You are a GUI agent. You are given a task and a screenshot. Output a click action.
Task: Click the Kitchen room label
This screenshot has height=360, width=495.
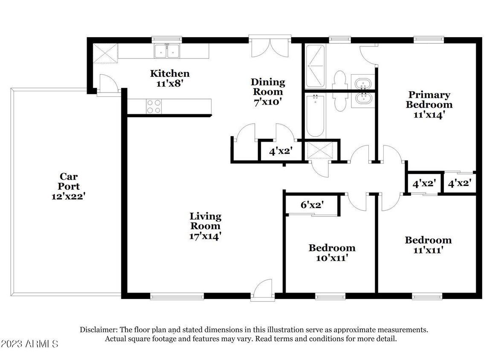point(170,74)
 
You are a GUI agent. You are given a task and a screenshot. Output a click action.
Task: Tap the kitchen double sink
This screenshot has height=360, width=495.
point(167,51)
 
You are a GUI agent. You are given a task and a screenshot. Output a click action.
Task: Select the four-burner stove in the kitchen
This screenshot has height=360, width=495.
point(154,106)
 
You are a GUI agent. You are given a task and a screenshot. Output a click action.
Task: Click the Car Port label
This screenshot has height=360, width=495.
point(69,181)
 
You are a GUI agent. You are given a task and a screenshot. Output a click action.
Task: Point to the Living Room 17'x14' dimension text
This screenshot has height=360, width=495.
point(205,236)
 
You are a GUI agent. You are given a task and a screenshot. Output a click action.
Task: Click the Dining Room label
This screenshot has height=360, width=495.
point(268,87)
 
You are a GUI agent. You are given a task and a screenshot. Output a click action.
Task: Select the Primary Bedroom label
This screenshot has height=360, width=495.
point(429,99)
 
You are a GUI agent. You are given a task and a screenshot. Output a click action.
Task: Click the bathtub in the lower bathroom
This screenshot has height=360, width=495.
point(316,116)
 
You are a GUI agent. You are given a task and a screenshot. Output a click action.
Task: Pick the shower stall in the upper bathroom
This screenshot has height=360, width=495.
point(316,66)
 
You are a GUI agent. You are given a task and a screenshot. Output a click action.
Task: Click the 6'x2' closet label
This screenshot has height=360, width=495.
point(312,205)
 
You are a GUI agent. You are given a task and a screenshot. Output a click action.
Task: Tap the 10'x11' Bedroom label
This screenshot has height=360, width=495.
point(332,253)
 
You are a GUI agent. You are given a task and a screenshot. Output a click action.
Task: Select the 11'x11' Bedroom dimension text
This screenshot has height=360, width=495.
point(428,250)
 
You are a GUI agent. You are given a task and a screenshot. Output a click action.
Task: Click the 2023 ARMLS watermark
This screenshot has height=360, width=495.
point(29,344)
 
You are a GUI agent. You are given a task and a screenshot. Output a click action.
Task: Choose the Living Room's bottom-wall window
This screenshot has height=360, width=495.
point(177,296)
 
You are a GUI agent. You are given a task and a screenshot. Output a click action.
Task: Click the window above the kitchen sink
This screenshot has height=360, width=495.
point(167,40)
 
